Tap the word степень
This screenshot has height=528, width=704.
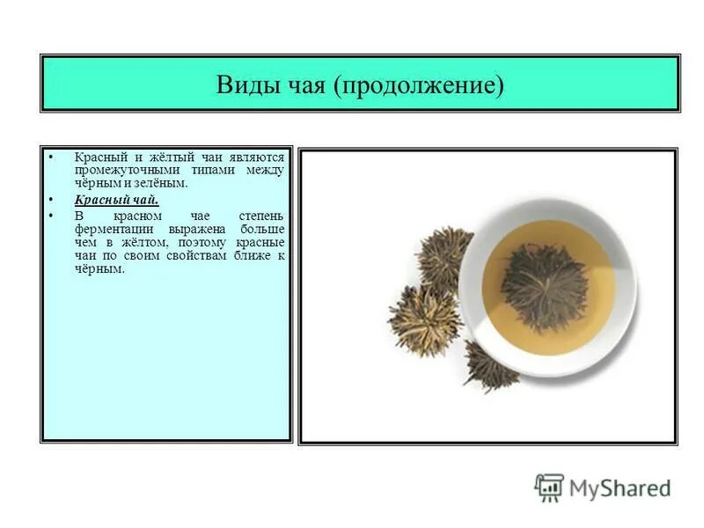tap(261, 216)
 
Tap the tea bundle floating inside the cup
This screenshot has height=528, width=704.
tap(544, 287)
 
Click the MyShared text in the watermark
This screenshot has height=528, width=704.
tap(620, 488)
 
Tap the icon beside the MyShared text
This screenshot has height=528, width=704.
tap(549, 488)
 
